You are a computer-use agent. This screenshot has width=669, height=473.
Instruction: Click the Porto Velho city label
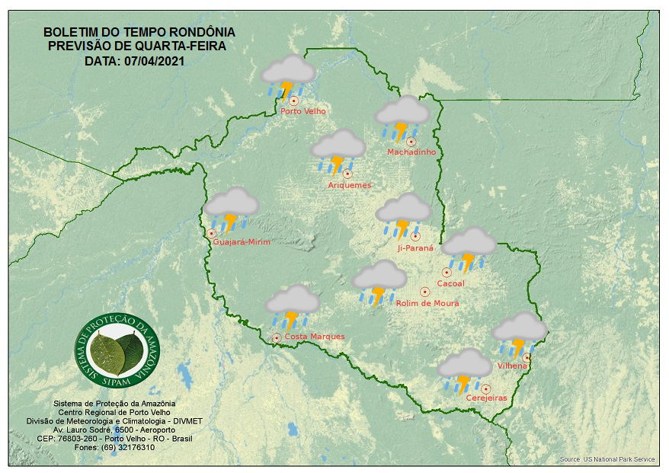coord(303,111)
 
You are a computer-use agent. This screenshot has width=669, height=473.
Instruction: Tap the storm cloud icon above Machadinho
coord(402,118)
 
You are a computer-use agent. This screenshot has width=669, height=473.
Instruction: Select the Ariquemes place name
coord(349,185)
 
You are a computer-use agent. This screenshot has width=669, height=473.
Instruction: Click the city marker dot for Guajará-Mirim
coord(211,234)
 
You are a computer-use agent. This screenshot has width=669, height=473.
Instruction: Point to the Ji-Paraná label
coord(415,248)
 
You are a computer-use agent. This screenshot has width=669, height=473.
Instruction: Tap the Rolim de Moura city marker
coord(425,292)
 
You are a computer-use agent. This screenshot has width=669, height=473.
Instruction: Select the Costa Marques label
coord(314,337)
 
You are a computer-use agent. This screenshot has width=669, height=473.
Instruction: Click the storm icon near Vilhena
coord(520,334)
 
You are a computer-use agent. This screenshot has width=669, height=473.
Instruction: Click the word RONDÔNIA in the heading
coord(202,33)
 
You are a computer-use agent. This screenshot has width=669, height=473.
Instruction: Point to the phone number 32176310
coord(134,447)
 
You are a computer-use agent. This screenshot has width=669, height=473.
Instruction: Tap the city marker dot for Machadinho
coord(411,142)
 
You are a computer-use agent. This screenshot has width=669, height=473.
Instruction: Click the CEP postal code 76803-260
coord(78,439)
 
